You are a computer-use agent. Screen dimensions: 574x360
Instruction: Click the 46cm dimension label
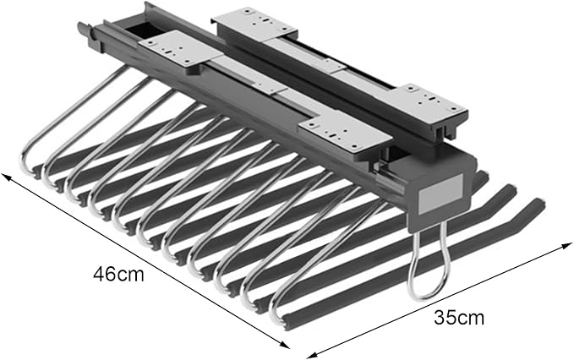(x=118, y=274)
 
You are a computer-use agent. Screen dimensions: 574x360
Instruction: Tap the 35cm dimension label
(x=459, y=318)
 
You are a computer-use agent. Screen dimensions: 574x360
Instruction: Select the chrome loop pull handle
(x=429, y=265)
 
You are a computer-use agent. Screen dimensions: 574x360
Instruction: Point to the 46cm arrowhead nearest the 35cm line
(x=285, y=344)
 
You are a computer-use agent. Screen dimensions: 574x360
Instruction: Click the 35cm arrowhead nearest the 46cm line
(x=312, y=354)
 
